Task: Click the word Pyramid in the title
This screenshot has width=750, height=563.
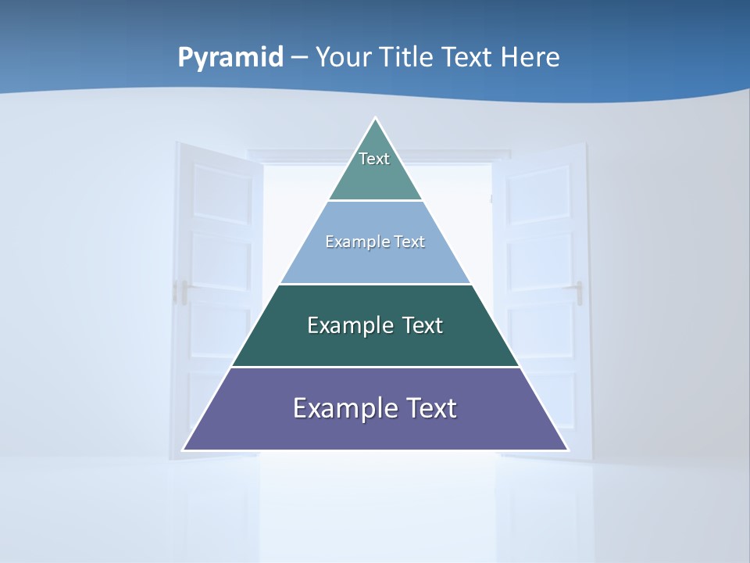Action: tap(230, 58)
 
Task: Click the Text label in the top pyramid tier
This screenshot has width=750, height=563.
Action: tap(374, 159)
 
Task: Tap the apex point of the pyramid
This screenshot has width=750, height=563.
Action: tap(376, 119)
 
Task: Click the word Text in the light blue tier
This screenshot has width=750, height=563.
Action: tap(409, 242)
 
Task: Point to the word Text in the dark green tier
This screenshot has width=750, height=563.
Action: tap(422, 325)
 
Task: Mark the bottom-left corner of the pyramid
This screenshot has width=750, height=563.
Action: tap(184, 450)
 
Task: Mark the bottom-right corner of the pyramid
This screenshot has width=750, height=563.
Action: tap(568, 450)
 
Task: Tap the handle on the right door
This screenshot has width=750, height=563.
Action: tap(579, 292)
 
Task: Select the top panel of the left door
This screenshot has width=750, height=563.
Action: tap(222, 192)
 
